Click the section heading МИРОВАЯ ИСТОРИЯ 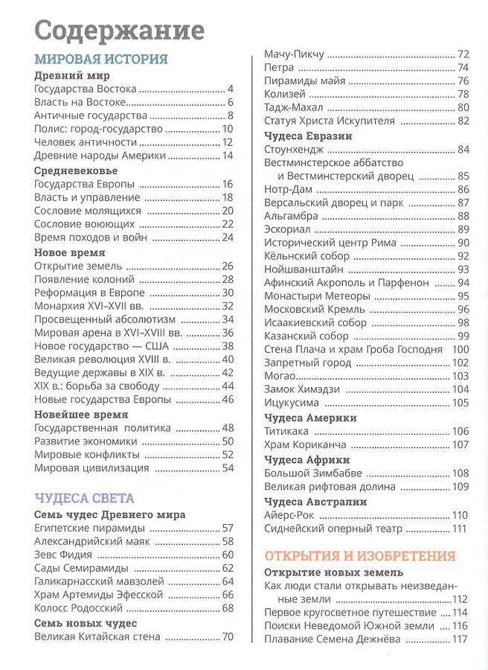point(101,60)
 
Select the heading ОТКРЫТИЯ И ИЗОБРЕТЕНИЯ point(360,556)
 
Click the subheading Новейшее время point(81,414)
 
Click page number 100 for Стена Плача point(460,349)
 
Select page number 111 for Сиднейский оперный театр point(460,529)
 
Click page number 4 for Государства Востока point(231,89)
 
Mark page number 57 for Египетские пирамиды point(228,528)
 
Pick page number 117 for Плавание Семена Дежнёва point(460,639)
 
